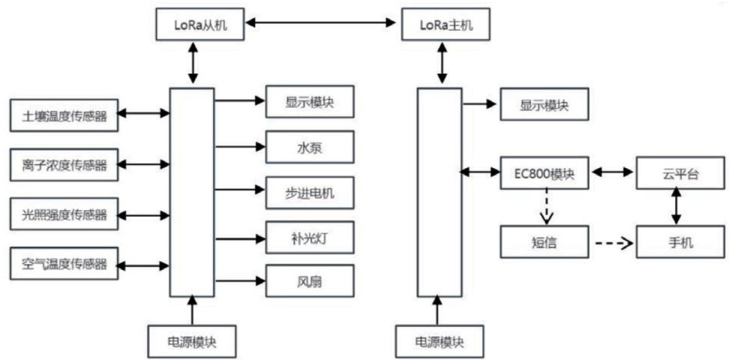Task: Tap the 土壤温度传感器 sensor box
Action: click(64, 115)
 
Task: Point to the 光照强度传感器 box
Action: click(64, 215)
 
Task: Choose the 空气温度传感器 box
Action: click(64, 265)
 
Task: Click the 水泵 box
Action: click(309, 148)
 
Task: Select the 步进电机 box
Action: click(309, 193)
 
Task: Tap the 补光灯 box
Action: click(309, 239)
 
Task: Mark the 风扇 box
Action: click(309, 283)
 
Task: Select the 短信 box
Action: click(545, 243)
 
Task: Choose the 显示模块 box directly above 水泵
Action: click(309, 103)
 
